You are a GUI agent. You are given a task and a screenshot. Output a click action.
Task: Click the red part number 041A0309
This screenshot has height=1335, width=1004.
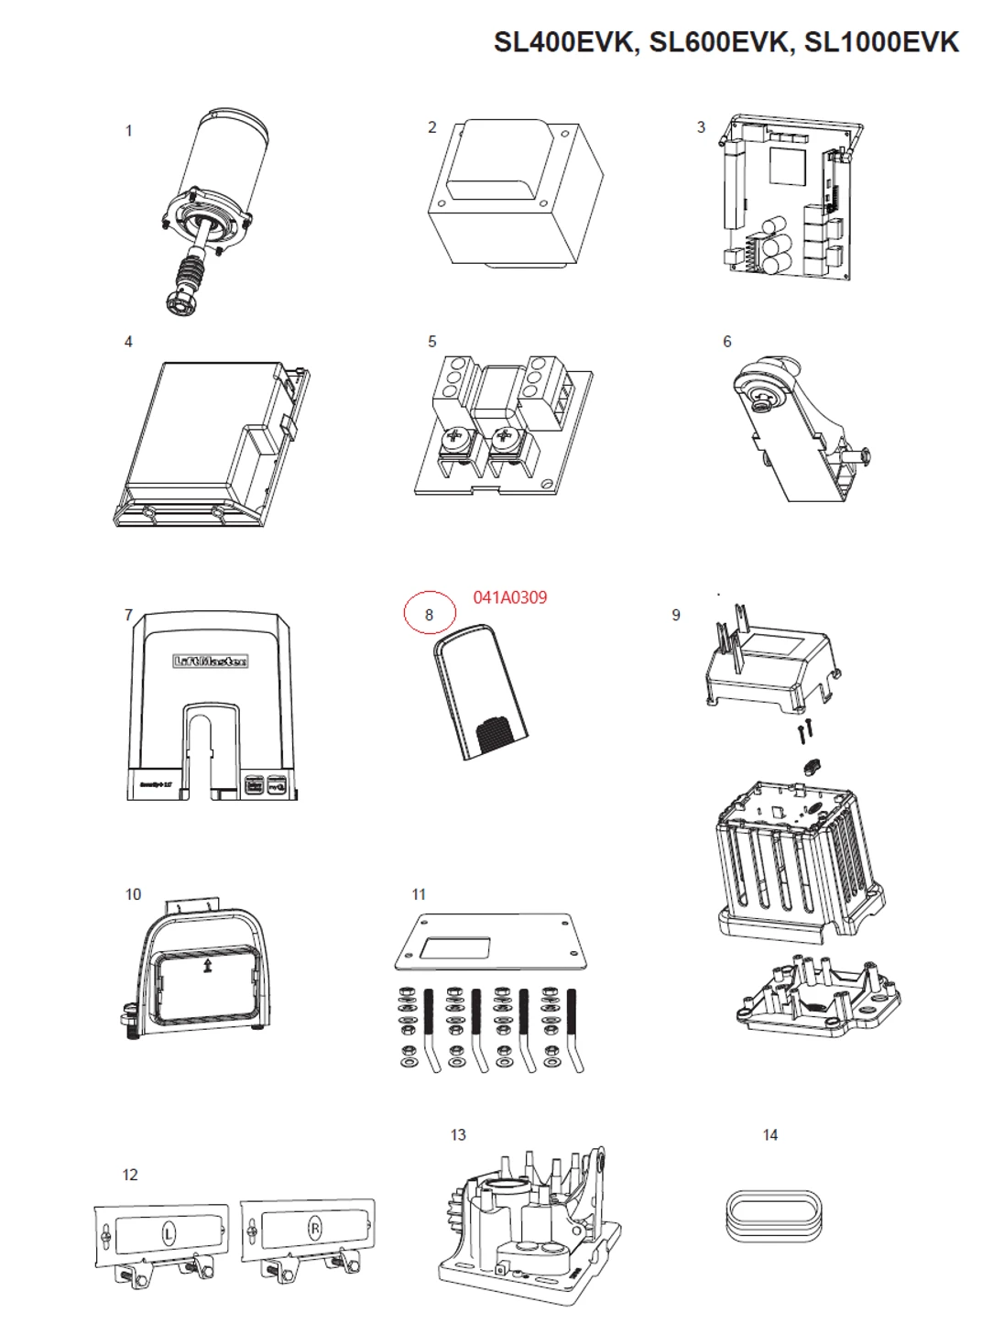click(x=510, y=597)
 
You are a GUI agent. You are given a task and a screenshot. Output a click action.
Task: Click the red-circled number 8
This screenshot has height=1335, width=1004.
click(x=429, y=615)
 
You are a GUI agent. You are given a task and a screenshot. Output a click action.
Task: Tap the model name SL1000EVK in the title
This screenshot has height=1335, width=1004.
click(x=881, y=42)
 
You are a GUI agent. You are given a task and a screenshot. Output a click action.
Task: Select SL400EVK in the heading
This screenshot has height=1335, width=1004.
click(x=565, y=42)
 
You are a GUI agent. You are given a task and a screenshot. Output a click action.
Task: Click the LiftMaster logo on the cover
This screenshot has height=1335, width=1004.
click(x=211, y=662)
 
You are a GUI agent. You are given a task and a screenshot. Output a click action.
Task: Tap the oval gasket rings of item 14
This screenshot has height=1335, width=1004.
click(x=769, y=1215)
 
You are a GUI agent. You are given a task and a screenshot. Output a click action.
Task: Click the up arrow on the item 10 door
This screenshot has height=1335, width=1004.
click(x=208, y=965)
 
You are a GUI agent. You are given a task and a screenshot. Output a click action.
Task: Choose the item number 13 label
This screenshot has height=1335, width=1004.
click(x=457, y=1135)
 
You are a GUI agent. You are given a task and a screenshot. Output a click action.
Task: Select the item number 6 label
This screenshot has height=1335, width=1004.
click(x=726, y=342)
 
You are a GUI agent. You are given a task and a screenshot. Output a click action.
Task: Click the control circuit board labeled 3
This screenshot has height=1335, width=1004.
click(x=788, y=197)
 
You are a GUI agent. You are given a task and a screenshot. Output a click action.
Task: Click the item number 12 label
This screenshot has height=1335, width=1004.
click(x=130, y=1175)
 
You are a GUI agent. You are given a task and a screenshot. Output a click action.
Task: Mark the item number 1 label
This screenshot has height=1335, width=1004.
click(x=128, y=131)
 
